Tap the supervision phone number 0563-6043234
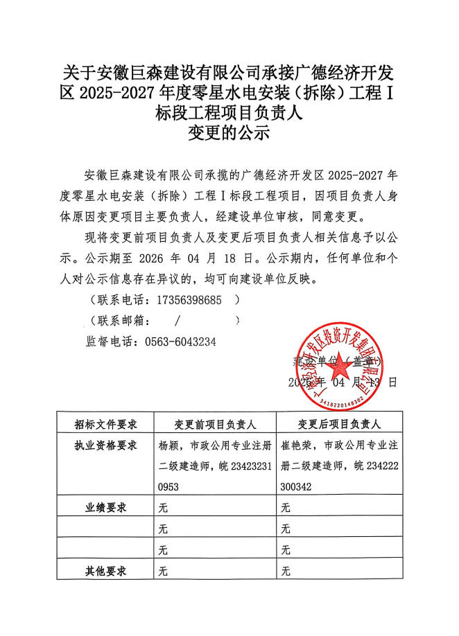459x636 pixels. coord(180,342)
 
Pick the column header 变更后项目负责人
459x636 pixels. coord(339,424)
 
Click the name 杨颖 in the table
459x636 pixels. coord(169,445)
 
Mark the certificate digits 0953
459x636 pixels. coord(170,487)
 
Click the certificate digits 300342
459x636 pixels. coord(296,487)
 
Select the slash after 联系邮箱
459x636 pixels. coord(178,321)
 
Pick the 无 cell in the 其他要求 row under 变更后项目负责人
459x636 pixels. coord(285,572)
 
